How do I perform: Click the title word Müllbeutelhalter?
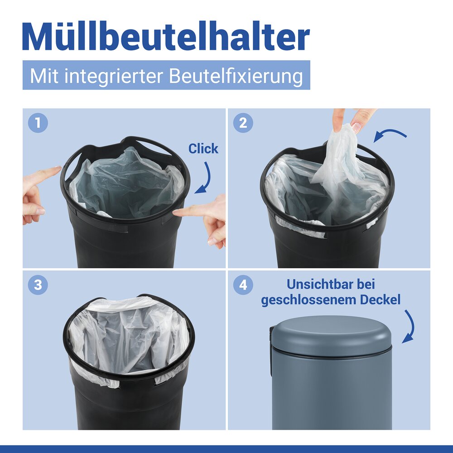(x=166, y=36)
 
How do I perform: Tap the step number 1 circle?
(x=38, y=123)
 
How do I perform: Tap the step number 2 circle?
(x=243, y=123)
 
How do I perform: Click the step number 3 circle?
(x=38, y=285)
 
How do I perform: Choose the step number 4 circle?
(x=243, y=285)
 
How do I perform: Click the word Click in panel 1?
(x=203, y=149)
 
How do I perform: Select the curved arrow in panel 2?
(x=391, y=135)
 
